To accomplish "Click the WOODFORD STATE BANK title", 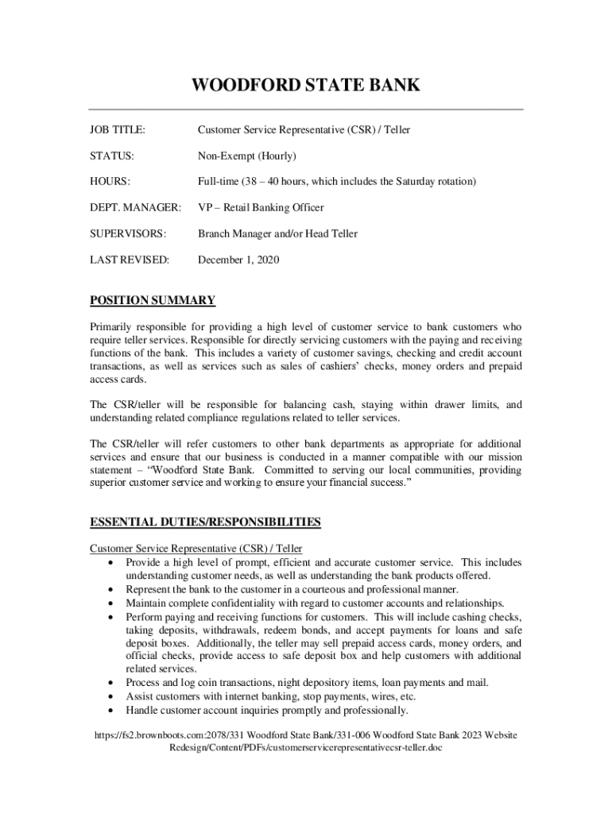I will click(306, 86).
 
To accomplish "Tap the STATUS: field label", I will click(112, 156).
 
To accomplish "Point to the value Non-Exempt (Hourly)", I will click(246, 156).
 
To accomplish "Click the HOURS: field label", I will click(110, 182).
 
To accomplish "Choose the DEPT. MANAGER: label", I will click(135, 208).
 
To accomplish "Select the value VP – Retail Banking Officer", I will click(261, 208).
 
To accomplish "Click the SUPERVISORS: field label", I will click(128, 233).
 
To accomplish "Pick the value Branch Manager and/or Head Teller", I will click(277, 233).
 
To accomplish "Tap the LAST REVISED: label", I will click(130, 260).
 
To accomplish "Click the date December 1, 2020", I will click(238, 260).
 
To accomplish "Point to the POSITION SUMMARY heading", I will click(153, 300).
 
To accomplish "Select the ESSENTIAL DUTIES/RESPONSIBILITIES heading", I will click(205, 522).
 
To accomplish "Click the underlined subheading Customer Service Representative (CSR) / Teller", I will click(196, 549).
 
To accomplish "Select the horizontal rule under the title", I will click(306, 109).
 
